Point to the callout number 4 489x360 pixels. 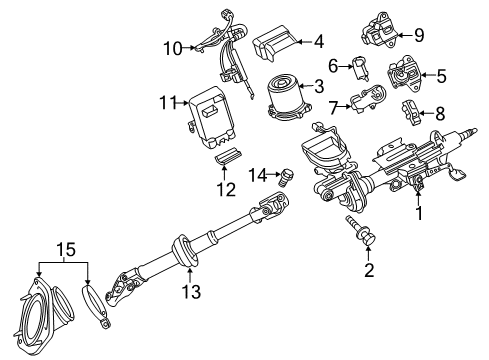pyautogui.click(x=318, y=42)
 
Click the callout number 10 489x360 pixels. pyautogui.click(x=172, y=47)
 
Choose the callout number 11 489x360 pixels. pyautogui.click(x=166, y=102)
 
